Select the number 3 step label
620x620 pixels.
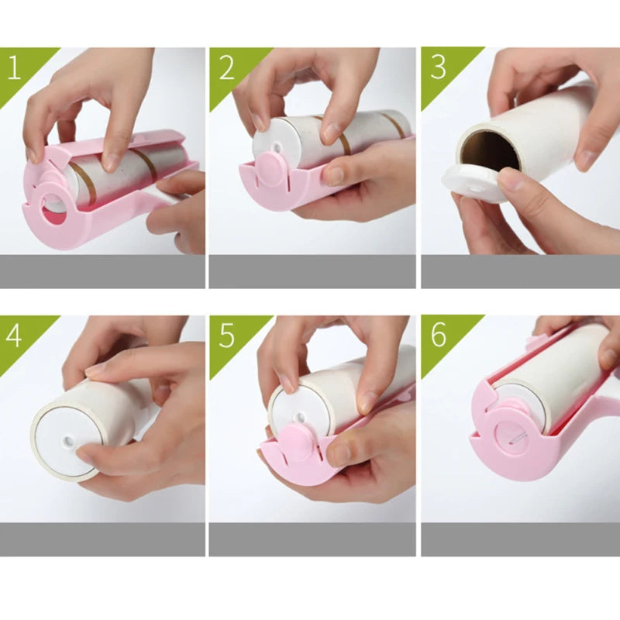coord(438,67)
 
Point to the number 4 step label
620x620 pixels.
coord(14,335)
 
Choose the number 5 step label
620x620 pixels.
coord(226,335)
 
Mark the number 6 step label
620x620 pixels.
coord(438,335)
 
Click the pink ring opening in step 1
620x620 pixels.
coord(53,212)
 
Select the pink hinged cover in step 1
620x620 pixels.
coord(116,143)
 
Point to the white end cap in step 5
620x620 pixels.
coord(288,409)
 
